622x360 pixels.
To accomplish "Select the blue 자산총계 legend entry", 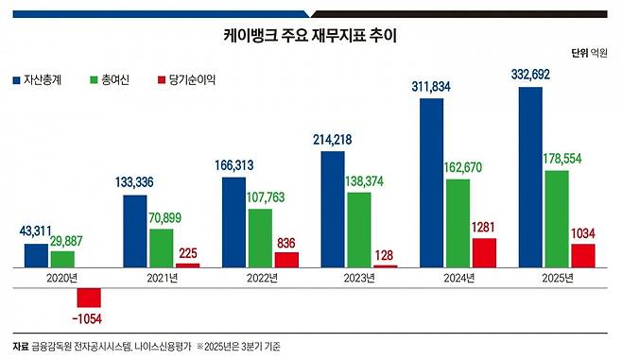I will (x=38, y=81).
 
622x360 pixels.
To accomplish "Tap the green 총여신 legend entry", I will (x=110, y=81).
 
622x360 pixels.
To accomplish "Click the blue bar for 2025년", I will (x=530, y=178).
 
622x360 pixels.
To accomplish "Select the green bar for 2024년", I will (x=458, y=223).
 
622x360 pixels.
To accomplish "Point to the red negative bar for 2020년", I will (x=89, y=287).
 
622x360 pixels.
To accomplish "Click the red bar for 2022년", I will (x=285, y=260).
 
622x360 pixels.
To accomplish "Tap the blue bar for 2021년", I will (x=135, y=231).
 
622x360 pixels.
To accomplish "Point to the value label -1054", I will (x=94, y=317).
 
